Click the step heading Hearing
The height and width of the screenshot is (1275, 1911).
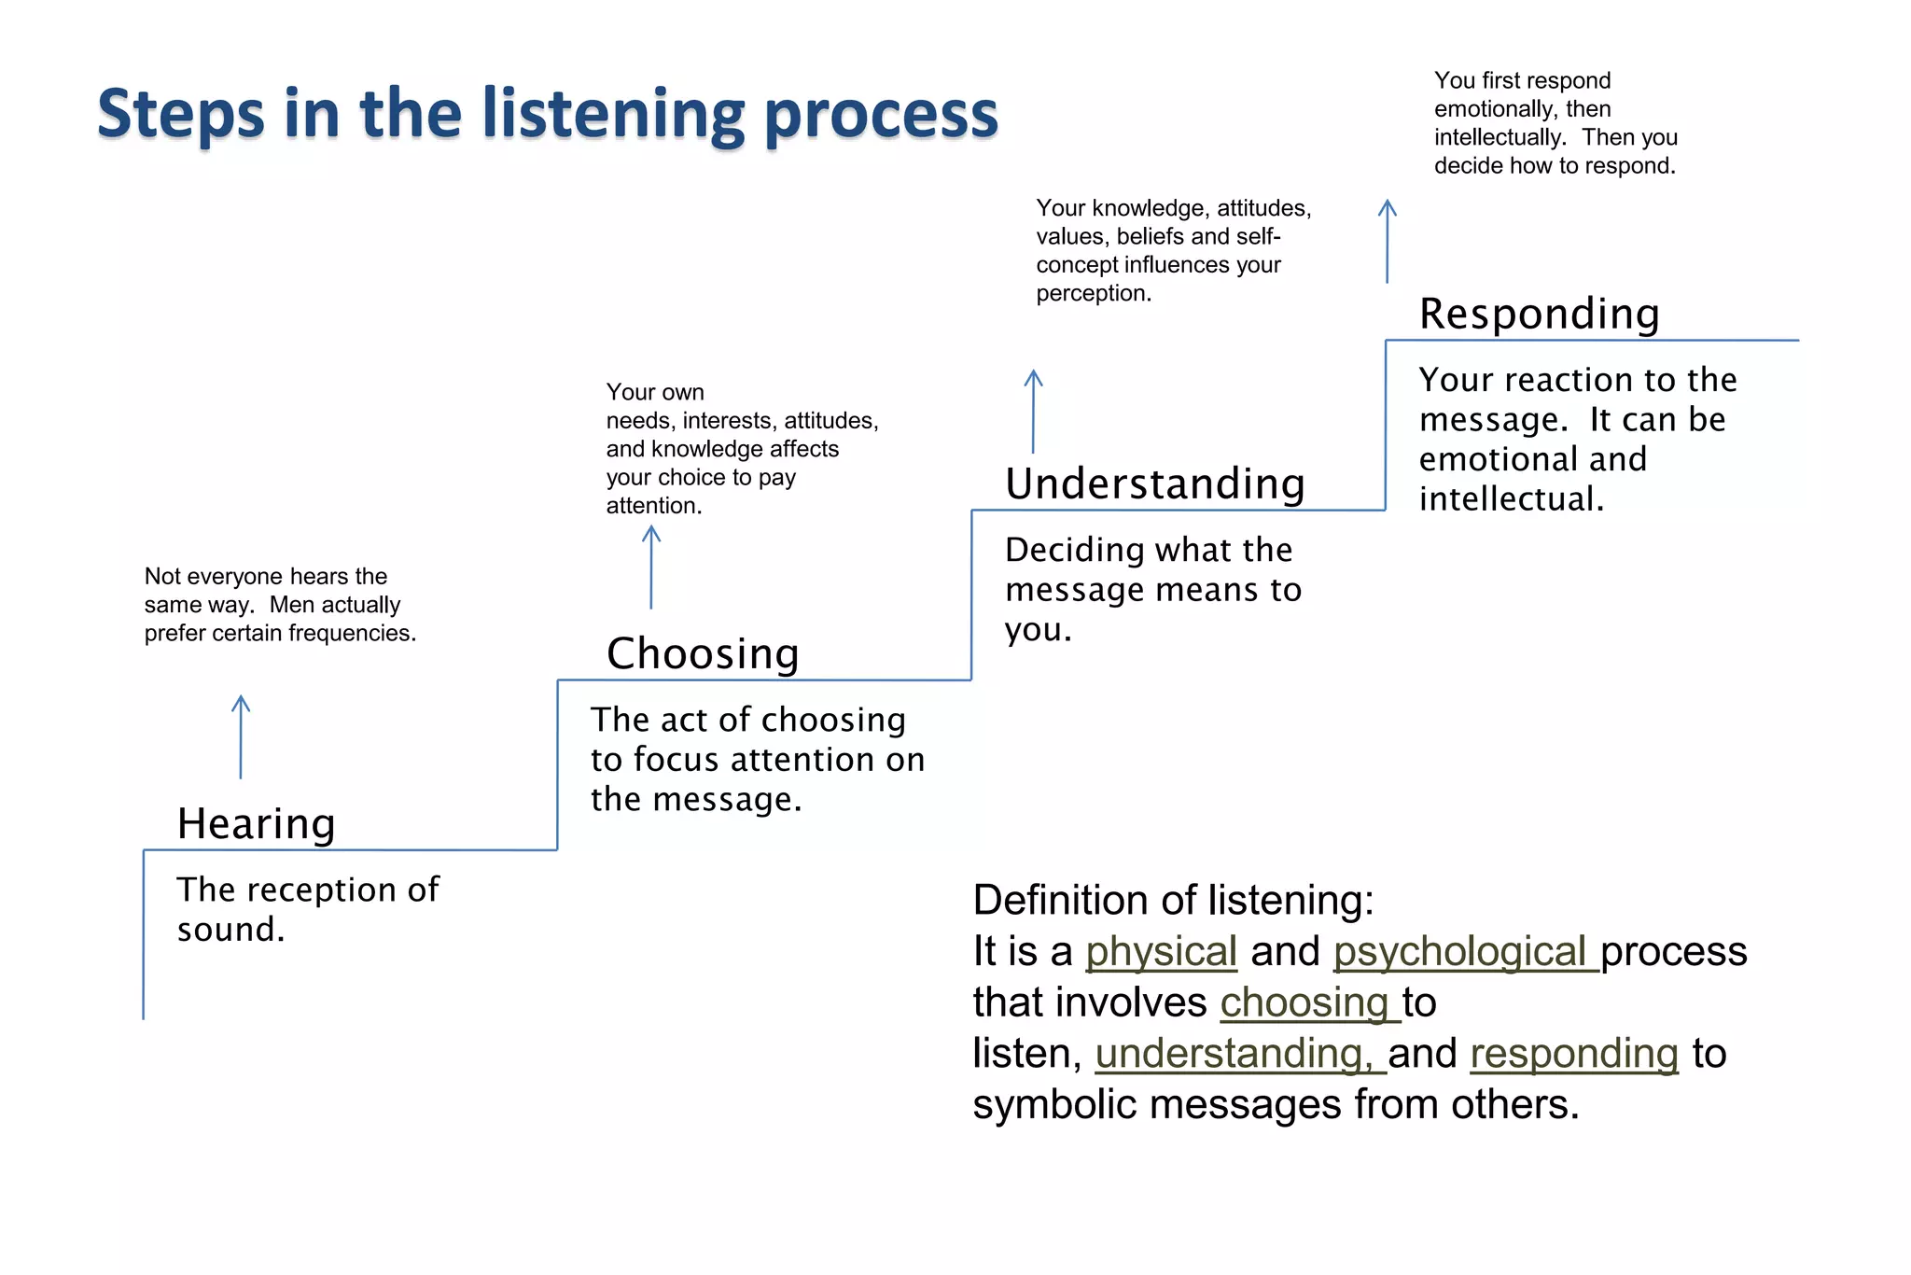[x=256, y=824]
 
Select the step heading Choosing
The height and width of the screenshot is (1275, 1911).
[x=703, y=653]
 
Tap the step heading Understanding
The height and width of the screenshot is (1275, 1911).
[x=1154, y=483]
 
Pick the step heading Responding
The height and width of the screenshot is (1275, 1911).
[x=1539, y=314]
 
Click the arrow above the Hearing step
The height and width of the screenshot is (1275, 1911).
[x=241, y=736]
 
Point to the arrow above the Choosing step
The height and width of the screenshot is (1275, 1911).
[x=651, y=567]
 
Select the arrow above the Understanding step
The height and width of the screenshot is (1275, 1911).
[x=1033, y=411]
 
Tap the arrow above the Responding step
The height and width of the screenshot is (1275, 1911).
[x=1388, y=241]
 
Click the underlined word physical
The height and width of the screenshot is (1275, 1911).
[x=1161, y=952]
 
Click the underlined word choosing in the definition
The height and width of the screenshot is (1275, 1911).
[x=1304, y=1003]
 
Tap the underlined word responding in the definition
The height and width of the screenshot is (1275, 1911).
[x=1574, y=1055]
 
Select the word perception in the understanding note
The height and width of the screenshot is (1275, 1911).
[x=1093, y=294]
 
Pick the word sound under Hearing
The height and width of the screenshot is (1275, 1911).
[x=230, y=930]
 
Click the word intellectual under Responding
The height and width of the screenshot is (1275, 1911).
[x=1510, y=499]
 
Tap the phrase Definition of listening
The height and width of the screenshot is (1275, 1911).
[x=1173, y=901]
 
